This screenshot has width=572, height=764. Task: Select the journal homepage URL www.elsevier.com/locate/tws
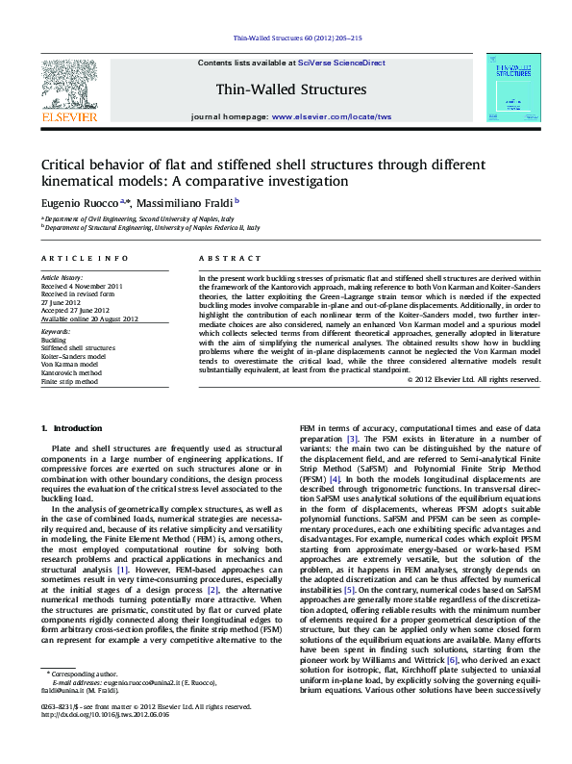point(332,116)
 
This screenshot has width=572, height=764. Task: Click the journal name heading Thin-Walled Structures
point(291,89)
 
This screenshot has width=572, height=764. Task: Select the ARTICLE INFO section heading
point(85,259)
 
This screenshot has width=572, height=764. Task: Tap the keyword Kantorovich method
point(70,373)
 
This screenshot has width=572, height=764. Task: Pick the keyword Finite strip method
point(69,382)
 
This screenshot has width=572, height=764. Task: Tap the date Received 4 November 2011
point(82,286)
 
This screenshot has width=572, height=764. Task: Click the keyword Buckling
point(54,340)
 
